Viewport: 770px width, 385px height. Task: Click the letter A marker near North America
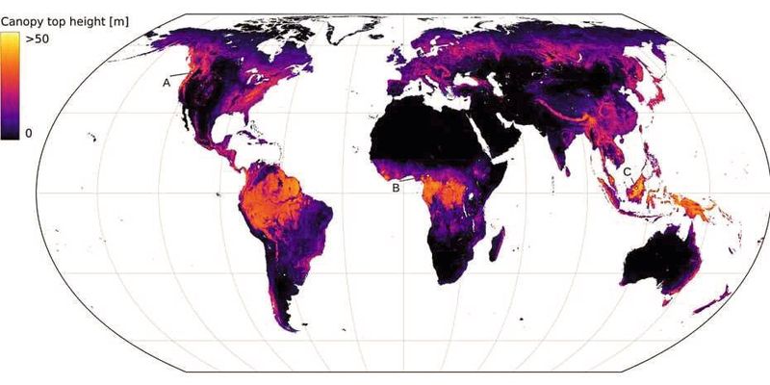point(167,84)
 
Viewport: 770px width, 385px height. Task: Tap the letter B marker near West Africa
point(395,189)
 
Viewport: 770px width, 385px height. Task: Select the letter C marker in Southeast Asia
point(627,172)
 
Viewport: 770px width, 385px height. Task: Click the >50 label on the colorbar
point(38,39)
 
